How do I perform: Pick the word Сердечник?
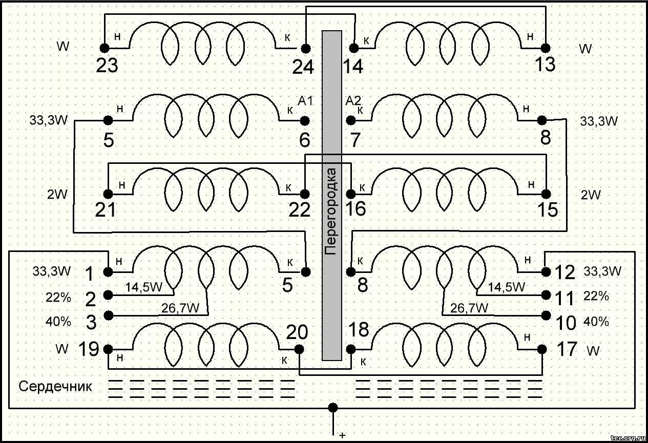pos(55,386)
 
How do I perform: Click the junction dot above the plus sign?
pos(333,408)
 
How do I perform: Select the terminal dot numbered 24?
pos(305,48)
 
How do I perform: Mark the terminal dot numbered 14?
pos(353,48)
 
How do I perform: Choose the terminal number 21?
pos(106,210)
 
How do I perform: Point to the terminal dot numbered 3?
pos(108,314)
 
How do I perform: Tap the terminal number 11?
pos(565,297)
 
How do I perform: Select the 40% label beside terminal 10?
pos(596,322)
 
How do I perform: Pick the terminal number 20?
pos(298,333)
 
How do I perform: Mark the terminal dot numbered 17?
pos(542,349)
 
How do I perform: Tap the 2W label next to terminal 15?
pos(591,195)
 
